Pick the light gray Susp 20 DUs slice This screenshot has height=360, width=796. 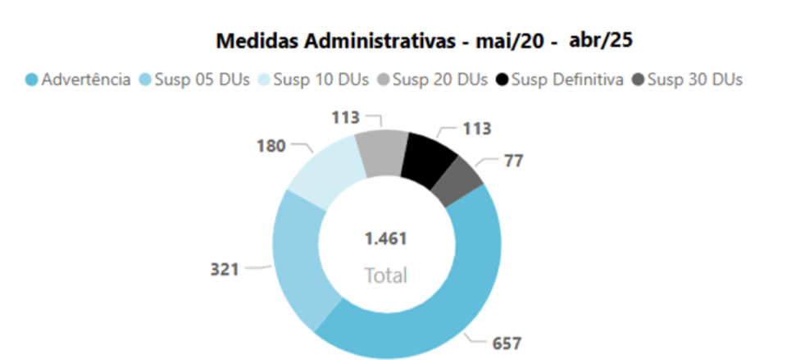coord(380,152)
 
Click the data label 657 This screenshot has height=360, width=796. coord(506,344)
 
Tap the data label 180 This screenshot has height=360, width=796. coord(271,146)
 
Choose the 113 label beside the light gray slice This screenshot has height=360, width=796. coord(343,118)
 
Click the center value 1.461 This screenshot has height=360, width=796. coord(386,239)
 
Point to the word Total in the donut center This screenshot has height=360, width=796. coord(386,275)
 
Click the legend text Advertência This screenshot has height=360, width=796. coord(85,80)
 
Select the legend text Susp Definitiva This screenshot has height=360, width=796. coord(567,80)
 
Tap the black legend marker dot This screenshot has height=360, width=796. coord(502,80)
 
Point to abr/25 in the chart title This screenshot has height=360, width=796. coord(599,40)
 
